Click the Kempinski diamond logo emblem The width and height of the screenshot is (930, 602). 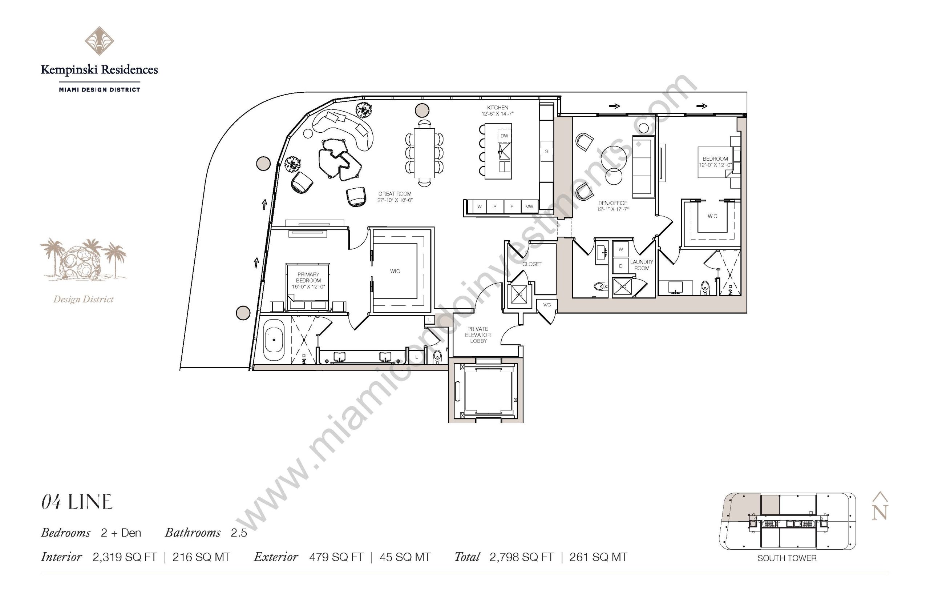click(99, 41)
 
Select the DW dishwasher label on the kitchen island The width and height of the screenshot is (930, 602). click(504, 136)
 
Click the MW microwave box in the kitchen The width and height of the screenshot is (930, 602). click(529, 206)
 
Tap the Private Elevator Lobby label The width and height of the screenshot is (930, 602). click(478, 335)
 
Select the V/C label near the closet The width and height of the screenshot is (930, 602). click(547, 305)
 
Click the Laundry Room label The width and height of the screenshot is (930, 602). click(641, 265)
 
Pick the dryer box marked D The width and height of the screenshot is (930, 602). click(620, 265)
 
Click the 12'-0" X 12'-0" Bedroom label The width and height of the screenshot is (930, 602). click(715, 162)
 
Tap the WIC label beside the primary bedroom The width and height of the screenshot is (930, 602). click(395, 271)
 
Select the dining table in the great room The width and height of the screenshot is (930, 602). click(424, 153)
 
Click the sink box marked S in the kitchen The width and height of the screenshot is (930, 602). click(546, 151)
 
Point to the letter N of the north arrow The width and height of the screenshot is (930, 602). click(880, 512)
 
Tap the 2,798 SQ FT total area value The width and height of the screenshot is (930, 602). click(521, 557)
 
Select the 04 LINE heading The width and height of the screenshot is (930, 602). click(77, 502)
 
